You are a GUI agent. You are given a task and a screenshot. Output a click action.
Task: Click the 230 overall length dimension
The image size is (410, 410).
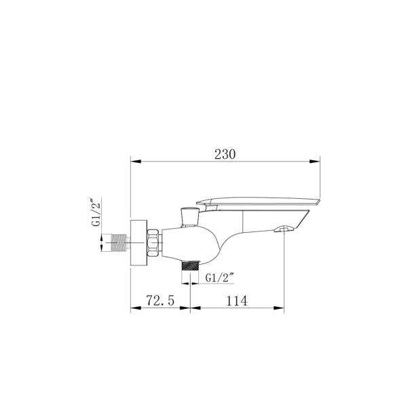[225, 154]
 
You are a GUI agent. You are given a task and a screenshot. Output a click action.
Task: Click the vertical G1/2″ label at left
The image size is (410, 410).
[95, 212]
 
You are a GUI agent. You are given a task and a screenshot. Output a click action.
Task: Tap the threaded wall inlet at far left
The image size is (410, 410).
[117, 243]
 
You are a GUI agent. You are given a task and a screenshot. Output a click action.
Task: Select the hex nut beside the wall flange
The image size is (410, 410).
[154, 242]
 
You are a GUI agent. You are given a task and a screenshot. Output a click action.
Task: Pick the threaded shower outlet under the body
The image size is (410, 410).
[189, 265]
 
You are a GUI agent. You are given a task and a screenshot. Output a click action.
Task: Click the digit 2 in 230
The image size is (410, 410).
[218, 154]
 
